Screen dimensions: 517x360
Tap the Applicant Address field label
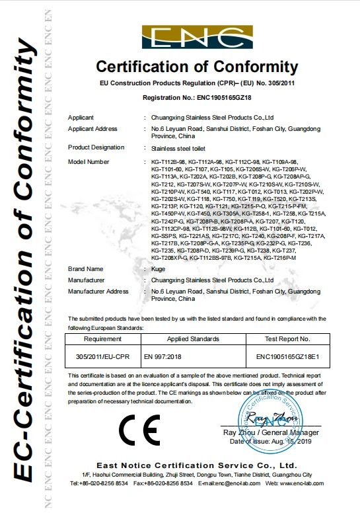point(92,128)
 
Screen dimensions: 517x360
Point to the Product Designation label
point(96,147)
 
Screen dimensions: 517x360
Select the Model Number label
point(89,161)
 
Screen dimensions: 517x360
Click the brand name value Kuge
point(157,270)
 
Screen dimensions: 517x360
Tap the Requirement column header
point(103,338)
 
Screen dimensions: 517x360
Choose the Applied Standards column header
point(193,338)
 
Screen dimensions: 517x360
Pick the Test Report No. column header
point(287,338)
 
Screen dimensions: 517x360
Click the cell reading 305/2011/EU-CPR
point(103,357)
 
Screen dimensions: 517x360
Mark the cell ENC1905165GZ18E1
point(287,357)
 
